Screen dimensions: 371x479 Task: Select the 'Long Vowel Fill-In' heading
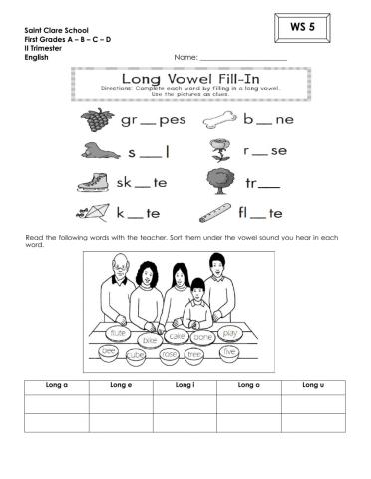point(185,78)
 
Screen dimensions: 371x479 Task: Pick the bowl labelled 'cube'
point(137,354)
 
